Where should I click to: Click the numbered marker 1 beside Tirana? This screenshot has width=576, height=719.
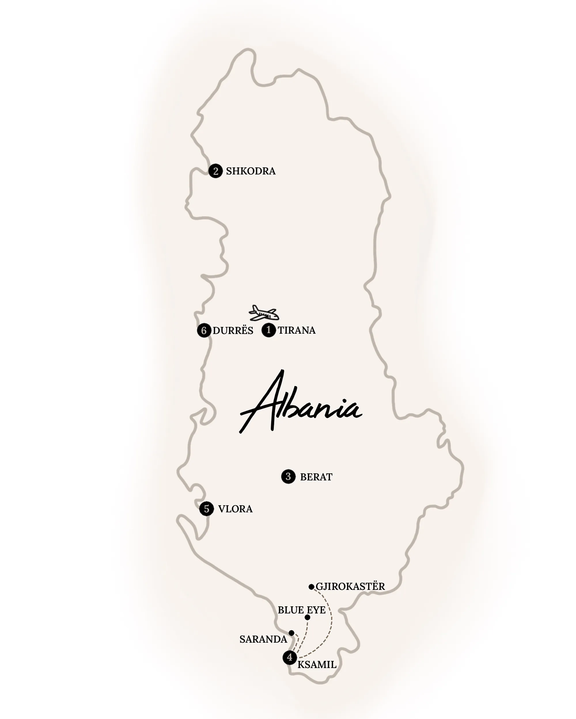268,330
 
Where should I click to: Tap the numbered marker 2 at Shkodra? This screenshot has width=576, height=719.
215,171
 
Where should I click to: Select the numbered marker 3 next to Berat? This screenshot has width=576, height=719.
288,477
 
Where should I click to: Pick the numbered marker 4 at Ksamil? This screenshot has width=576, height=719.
289,657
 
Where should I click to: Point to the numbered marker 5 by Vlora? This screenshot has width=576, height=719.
206,508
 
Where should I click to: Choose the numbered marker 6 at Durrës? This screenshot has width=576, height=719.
204,330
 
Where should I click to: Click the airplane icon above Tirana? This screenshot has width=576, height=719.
264,313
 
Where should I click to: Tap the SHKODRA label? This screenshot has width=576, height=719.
251,171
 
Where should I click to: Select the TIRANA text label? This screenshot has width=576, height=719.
297,330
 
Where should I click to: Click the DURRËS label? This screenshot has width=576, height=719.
233,330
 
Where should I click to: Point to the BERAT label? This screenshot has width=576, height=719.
316,477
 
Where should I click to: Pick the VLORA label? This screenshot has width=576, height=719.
235,509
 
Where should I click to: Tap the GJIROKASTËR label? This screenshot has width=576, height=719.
350,586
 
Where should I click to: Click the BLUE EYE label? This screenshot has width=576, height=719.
302,610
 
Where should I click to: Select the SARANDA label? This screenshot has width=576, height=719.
263,639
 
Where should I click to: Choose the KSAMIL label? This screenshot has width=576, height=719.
317,665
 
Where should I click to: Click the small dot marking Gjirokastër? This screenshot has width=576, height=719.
311,587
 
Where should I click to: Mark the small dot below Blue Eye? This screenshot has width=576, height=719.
307,617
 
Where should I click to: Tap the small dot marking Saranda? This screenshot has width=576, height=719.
291,633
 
